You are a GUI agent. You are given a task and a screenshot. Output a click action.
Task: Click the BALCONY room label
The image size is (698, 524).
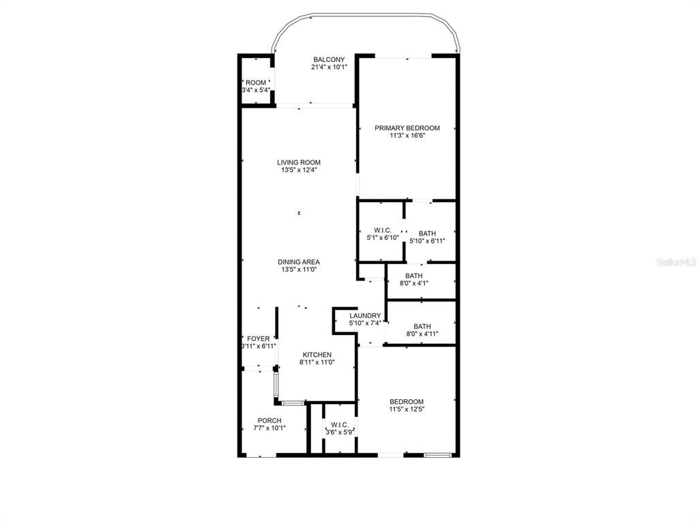point(329,59)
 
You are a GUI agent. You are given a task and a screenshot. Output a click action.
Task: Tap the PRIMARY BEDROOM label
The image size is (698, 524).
point(407,128)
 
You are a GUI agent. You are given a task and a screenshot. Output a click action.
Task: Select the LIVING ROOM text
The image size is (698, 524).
point(299,162)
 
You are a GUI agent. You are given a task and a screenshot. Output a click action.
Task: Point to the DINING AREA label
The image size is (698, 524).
point(299,262)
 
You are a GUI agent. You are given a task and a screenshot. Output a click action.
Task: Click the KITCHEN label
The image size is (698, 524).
point(317,355)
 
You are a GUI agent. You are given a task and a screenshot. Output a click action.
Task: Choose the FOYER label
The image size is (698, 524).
point(258,339)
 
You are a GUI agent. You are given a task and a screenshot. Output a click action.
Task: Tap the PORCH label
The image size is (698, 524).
point(270,421)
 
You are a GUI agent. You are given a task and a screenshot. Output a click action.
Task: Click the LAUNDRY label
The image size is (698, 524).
point(365,316)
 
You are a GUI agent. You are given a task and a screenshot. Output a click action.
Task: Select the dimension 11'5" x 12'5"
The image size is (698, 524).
point(407,409)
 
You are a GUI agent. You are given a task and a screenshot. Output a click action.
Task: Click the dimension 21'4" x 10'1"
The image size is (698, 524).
point(329,68)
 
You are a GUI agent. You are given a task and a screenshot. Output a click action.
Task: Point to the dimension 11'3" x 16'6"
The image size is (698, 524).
point(407,136)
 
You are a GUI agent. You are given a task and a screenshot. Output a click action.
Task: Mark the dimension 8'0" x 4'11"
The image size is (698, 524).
point(422,334)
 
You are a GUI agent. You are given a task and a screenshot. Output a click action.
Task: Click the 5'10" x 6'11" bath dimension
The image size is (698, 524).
point(427,241)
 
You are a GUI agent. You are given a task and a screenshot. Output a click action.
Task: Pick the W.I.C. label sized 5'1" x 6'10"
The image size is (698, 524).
point(382,230)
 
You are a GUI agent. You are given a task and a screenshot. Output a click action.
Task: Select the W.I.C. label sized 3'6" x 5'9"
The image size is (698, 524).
point(340,424)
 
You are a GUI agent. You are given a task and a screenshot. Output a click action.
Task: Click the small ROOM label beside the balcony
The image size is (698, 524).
point(256,83)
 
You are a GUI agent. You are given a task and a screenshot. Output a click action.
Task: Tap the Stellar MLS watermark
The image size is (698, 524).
point(677,262)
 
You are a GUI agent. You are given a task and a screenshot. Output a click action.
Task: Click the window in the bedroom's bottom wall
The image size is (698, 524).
point(438,455)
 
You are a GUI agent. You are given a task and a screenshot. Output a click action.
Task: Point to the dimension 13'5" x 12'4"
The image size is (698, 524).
point(299,170)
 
